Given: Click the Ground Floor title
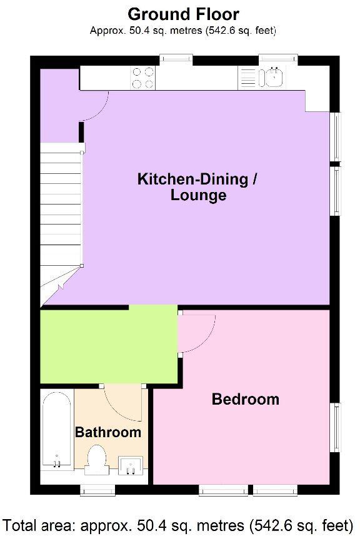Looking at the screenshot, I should [183, 14].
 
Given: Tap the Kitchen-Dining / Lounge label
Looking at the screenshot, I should [197, 187].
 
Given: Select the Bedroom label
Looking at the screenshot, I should [245, 399].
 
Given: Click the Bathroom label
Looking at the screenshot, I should [108, 432].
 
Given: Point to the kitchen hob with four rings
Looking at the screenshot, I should [143, 78].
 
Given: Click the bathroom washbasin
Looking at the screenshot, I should [131, 464].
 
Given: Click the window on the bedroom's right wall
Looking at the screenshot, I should [336, 428].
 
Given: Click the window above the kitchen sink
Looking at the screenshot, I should [277, 59].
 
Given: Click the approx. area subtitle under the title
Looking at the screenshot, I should [183, 30].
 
